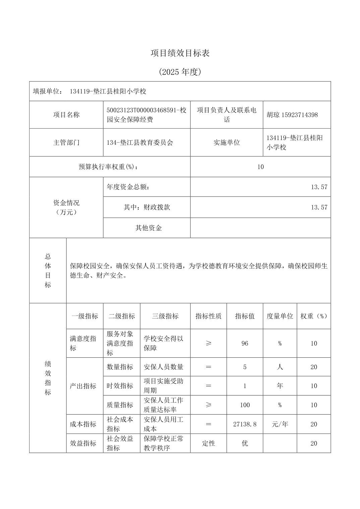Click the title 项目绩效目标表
180,53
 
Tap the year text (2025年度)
180,72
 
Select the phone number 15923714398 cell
292,115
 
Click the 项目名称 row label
66,115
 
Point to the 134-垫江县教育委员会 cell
140,143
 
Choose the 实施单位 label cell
227,143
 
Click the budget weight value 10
260,167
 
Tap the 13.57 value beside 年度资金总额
319,187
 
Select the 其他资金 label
148,228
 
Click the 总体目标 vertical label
48,271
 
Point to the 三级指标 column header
165,316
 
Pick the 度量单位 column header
280,316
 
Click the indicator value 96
245,344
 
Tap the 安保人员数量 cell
164,367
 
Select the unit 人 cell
280,367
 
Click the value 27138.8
245,424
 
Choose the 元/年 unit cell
280,424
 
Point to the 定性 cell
208,443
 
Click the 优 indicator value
245,443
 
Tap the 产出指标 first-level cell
83,386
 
